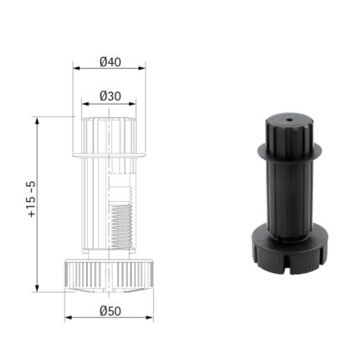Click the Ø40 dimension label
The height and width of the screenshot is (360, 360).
tap(110, 62)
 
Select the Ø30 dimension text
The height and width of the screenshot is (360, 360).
tap(110, 95)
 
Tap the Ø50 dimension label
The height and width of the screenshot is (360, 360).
tap(110, 311)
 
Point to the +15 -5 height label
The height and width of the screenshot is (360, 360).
tap(31, 199)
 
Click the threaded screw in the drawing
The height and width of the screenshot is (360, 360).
tap(122, 221)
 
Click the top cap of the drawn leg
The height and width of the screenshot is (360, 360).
tap(109, 132)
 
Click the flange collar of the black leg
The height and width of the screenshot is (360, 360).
tap(289, 155)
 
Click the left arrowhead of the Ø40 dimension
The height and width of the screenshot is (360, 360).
tap(75, 69)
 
